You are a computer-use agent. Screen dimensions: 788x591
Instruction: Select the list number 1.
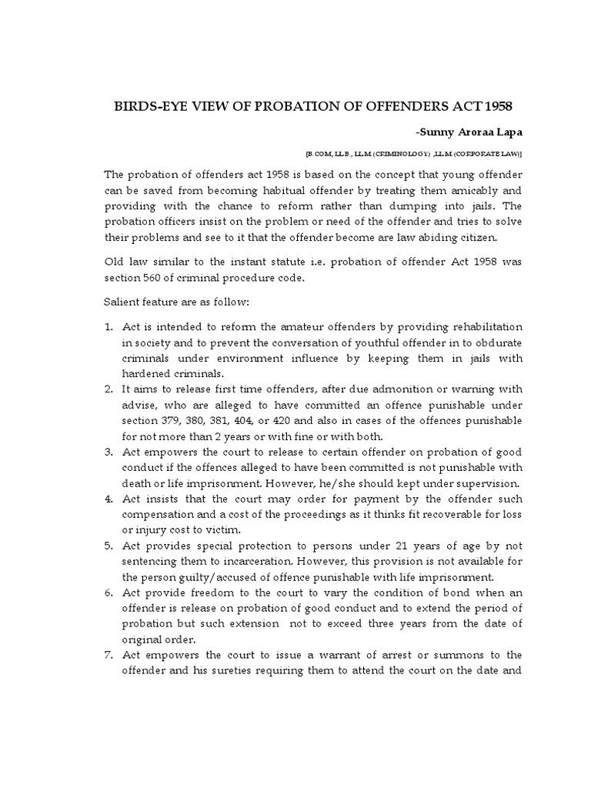pos(109,328)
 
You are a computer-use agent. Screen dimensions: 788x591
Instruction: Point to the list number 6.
pos(109,593)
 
